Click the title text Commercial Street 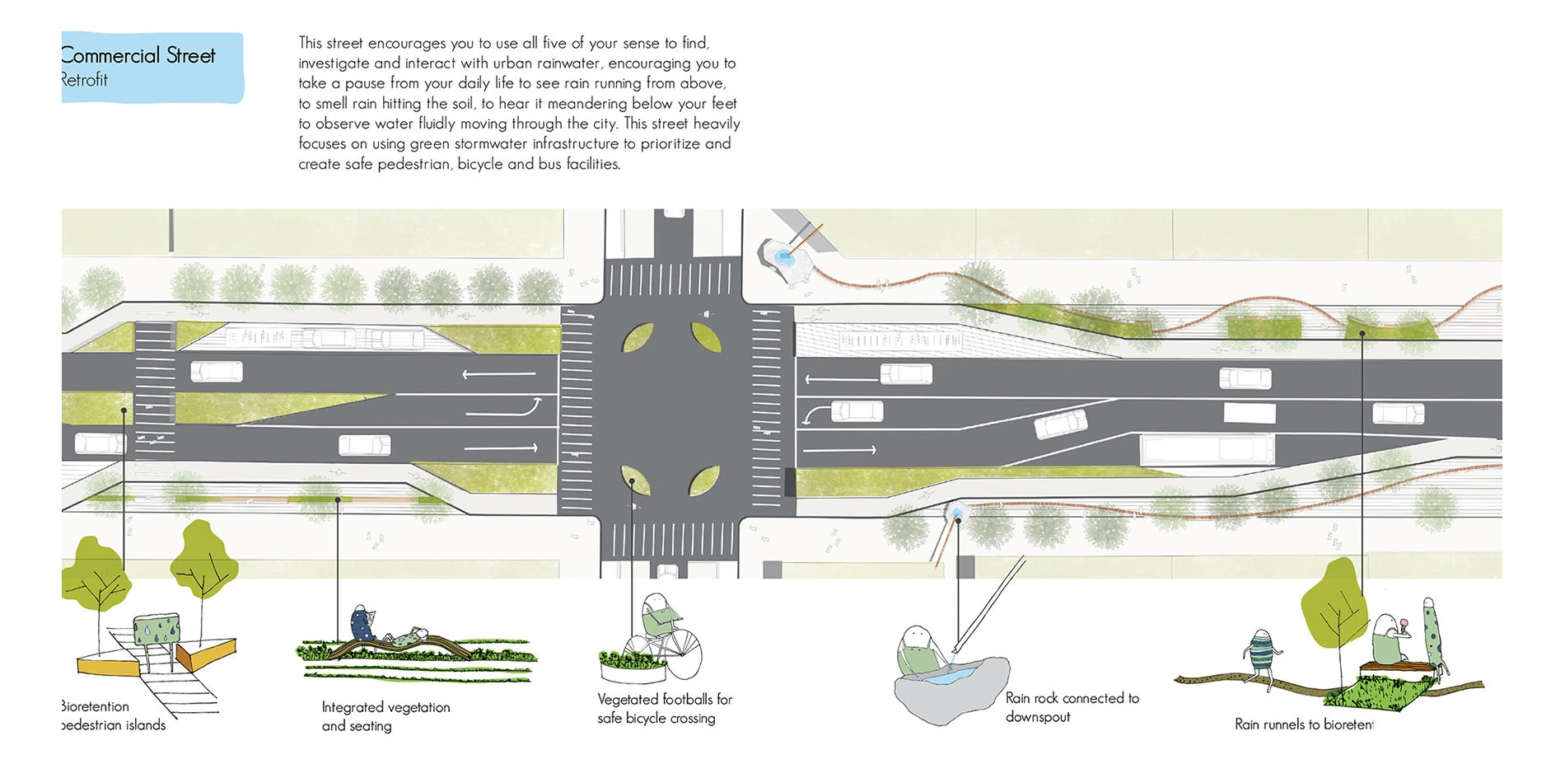(138, 56)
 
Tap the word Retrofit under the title (84, 80)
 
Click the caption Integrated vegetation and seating (385, 716)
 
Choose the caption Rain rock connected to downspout (1072, 707)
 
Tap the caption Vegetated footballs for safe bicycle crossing (664, 708)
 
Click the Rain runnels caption (1304, 724)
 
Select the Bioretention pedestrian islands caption (113, 715)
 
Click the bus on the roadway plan (1207, 450)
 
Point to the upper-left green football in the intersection (637, 337)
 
